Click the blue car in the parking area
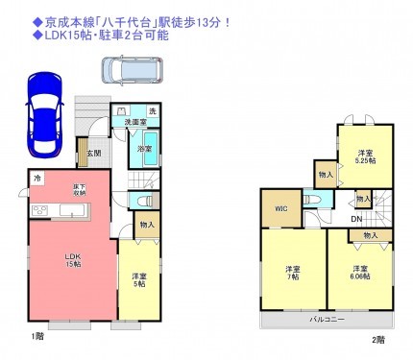point(45,112)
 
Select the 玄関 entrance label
point(95,154)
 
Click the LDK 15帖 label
point(73,260)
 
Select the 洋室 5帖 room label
point(140,278)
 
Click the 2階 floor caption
point(379,339)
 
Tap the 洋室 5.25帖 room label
point(366,156)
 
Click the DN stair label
point(355,219)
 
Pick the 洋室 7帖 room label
point(293,272)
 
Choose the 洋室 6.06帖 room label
point(359,272)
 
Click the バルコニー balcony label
point(327,318)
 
